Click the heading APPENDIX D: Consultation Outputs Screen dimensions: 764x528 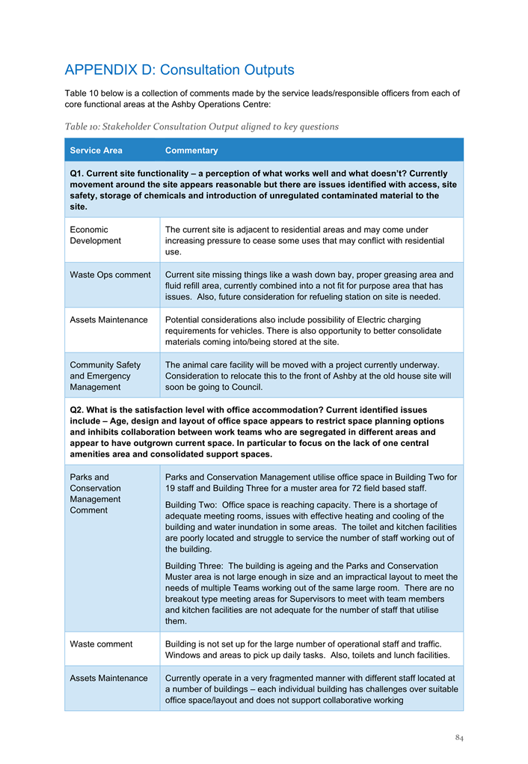[179, 70]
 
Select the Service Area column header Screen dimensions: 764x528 [96, 150]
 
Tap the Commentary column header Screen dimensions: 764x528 [191, 150]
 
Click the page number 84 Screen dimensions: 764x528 [459, 739]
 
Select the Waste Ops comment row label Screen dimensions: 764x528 [110, 275]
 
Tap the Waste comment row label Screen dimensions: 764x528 [101, 644]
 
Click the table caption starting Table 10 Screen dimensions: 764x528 [202, 126]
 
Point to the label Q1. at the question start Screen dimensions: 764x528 [77, 173]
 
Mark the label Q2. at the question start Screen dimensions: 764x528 [77, 410]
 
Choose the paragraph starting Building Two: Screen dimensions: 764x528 [310, 527]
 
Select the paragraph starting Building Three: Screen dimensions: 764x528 [310, 593]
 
